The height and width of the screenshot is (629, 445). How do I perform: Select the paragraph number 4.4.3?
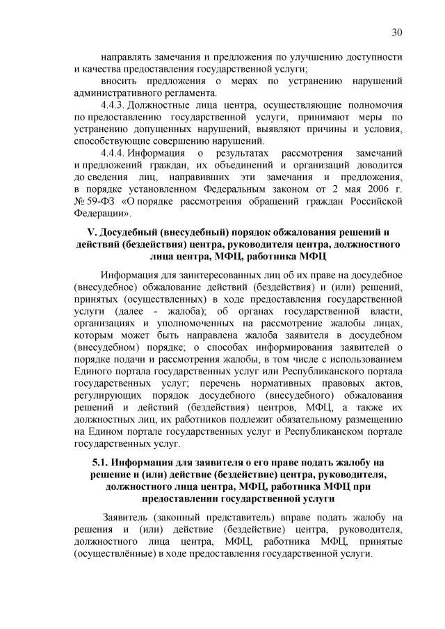click(x=115, y=104)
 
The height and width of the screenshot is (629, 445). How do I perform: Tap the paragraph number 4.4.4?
click(x=115, y=152)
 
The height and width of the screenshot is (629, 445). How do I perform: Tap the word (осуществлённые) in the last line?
click(x=115, y=555)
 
